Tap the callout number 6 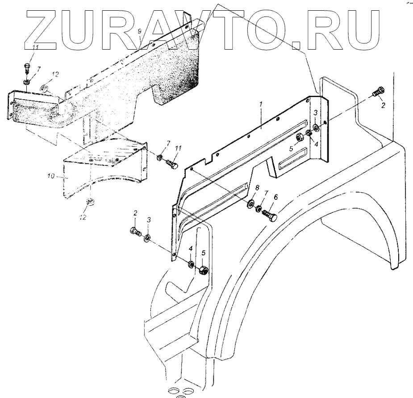pyautogui.click(x=275, y=196)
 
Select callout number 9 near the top pyautogui.click(x=140, y=31)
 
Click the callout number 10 pyautogui.click(x=51, y=177)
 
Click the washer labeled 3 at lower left pyautogui.click(x=148, y=236)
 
